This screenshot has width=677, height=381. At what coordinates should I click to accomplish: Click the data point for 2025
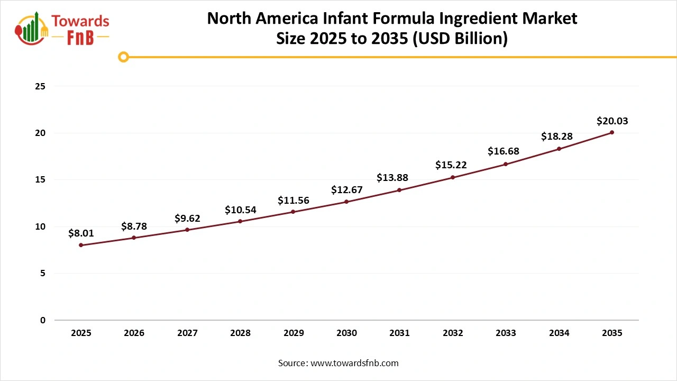pos(81,245)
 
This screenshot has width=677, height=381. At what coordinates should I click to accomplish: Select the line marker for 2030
pos(346,202)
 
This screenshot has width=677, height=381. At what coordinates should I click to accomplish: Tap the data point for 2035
pos(612,132)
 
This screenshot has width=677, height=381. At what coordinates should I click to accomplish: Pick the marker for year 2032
pos(453,177)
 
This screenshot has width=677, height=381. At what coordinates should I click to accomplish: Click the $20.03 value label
pos(612,121)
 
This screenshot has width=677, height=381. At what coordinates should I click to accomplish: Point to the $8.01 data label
pos(81,233)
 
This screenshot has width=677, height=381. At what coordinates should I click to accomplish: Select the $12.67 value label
pos(346,190)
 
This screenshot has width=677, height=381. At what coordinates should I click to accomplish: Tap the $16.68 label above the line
pos(503,151)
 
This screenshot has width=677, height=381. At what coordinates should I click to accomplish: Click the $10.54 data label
pos(240,210)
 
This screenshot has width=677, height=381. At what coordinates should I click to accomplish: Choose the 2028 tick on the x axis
pos(240,333)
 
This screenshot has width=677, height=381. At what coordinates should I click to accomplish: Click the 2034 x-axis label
pos(559,333)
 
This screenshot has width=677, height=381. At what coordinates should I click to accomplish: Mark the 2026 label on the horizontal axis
pos(134,333)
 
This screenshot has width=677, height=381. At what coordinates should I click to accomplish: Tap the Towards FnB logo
pos(62,29)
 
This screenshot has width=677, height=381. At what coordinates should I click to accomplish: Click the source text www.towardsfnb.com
pos(354,363)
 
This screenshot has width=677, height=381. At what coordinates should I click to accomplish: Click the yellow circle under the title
pos(123,57)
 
